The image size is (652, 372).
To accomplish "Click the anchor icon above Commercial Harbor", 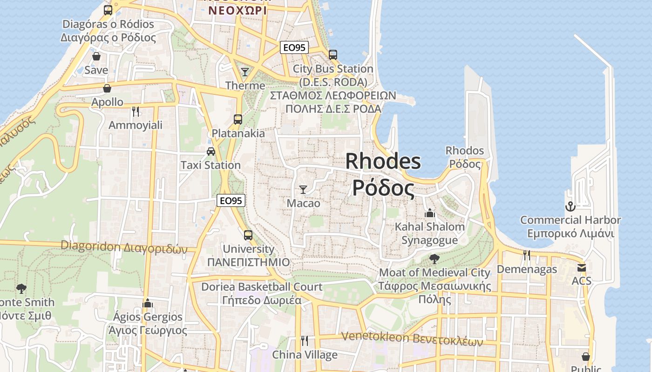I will click(x=570, y=206).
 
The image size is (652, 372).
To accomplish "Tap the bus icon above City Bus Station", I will click(x=333, y=55).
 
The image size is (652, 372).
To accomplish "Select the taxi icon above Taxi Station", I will click(x=211, y=152).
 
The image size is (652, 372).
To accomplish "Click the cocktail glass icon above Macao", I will click(x=303, y=189).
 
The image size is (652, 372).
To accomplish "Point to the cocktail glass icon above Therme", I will click(x=245, y=72).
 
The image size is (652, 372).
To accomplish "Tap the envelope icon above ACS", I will click(x=582, y=267).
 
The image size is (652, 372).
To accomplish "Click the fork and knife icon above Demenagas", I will click(x=527, y=255).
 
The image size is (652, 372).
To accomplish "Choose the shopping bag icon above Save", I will click(x=96, y=56).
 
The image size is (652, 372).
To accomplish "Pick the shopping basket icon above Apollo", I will click(x=107, y=88).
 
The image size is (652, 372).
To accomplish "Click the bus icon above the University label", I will click(x=248, y=235).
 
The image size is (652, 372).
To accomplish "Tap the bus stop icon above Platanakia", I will click(x=238, y=120).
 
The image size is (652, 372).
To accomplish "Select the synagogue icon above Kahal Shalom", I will click(x=430, y=213).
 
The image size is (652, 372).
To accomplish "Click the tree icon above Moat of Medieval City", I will click(x=435, y=259).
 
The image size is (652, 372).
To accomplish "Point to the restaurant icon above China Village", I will click(x=305, y=341).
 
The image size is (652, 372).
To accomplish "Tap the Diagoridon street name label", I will click(x=124, y=247).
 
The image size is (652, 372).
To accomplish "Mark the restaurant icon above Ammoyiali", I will click(x=136, y=111).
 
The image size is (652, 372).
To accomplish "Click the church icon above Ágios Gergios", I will click(x=148, y=303).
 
